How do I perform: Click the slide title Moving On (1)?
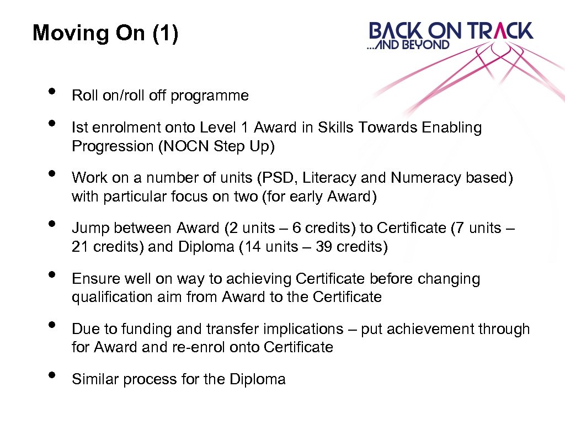105,33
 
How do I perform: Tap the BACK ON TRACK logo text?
451,30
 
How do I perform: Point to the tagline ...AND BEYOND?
408,45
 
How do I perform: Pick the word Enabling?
452,128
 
